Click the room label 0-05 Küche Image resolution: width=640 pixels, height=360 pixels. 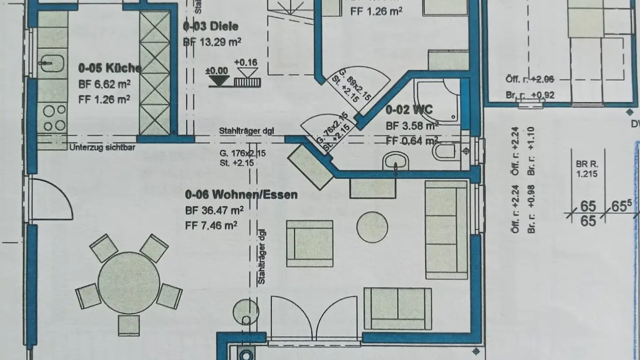click(110, 68)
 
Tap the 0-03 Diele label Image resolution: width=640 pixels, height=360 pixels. click(210, 27)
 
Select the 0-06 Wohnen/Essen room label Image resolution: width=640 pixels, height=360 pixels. click(241, 195)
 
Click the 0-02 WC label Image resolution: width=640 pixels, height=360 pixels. click(408, 110)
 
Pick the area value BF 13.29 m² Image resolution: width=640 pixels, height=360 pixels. click(212, 42)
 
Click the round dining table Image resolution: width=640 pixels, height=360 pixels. click(128, 283)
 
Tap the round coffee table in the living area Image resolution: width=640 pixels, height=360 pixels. click(372, 227)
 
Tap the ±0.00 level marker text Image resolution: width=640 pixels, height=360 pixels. click(216, 71)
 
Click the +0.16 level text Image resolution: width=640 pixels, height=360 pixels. click(246, 62)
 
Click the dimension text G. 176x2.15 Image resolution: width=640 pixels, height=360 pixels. click(242, 153)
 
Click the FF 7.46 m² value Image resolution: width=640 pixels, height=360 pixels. click(211, 226)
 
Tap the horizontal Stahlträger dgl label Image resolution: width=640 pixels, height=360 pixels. click(246, 131)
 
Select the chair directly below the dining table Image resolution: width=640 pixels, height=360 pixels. click(129, 325)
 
